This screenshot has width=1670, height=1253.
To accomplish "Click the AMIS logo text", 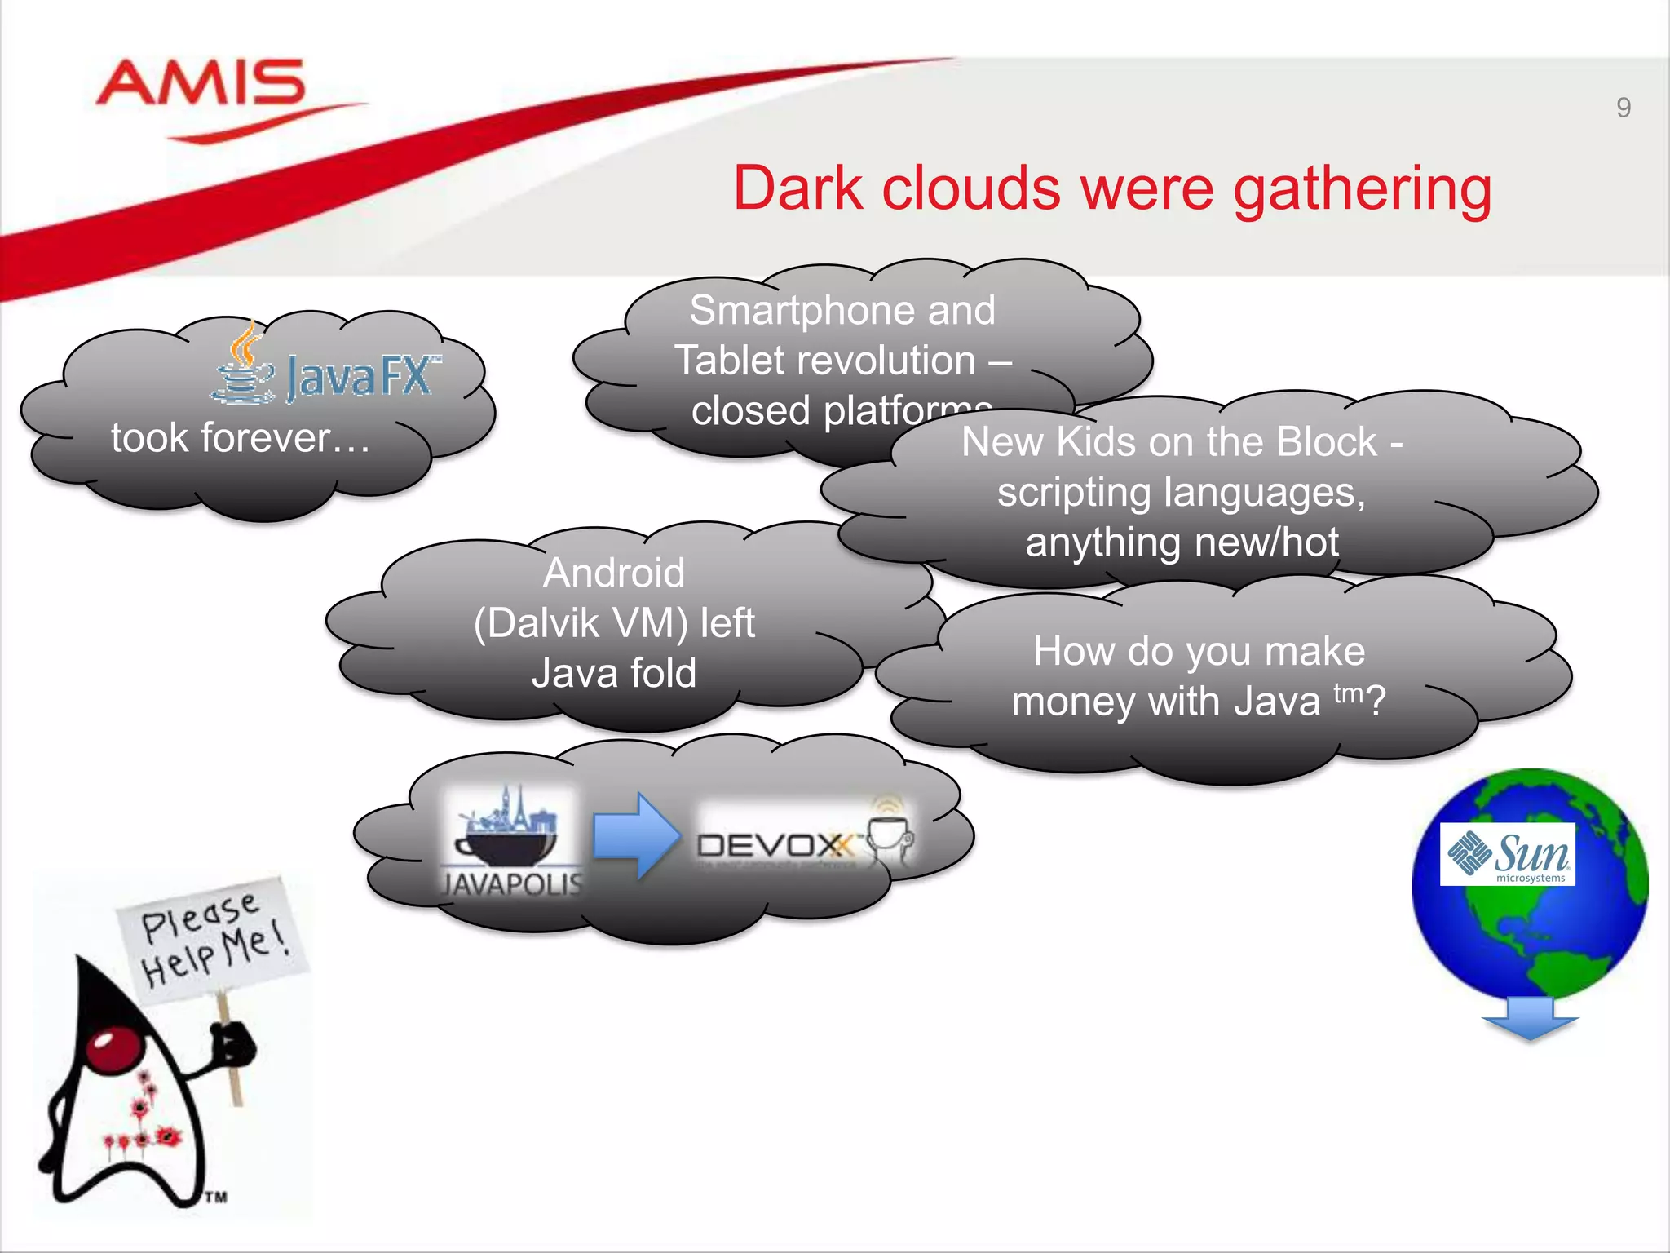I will (201, 83).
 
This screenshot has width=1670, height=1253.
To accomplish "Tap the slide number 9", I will (1623, 108).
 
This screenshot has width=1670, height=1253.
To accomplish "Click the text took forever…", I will (241, 438).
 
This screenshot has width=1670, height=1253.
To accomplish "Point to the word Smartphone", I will (784, 310).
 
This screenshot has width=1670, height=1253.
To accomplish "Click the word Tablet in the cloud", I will (742, 361).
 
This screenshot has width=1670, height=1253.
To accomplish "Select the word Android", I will (613, 573).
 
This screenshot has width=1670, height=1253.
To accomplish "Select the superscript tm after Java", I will (1348, 693).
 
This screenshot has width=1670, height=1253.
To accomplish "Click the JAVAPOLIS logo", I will (511, 840).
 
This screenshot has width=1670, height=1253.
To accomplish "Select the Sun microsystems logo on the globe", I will (1507, 854).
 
